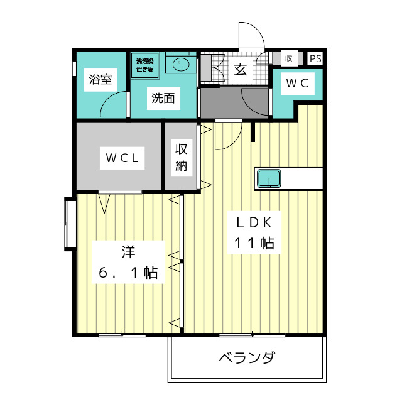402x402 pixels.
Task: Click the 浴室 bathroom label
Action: pyautogui.click(x=100, y=79)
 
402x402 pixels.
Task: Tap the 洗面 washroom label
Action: pyautogui.click(x=162, y=98)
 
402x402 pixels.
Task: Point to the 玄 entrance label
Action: pyautogui.click(x=241, y=69)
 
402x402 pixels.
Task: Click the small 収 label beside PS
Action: pyautogui.click(x=289, y=58)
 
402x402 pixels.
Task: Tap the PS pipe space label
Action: pyautogui.click(x=315, y=58)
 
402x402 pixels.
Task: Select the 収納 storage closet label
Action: pyautogui.click(x=182, y=157)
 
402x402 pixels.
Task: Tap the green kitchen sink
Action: pyautogui.click(x=269, y=178)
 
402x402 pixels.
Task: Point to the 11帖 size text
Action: pyautogui.click(x=254, y=243)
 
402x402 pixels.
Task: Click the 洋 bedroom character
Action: pyautogui.click(x=128, y=253)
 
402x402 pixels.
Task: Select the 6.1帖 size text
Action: pyautogui.click(x=128, y=273)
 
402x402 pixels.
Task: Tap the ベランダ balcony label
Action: pyautogui.click(x=247, y=359)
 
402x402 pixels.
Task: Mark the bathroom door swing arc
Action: pyautogui.click(x=114, y=104)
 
